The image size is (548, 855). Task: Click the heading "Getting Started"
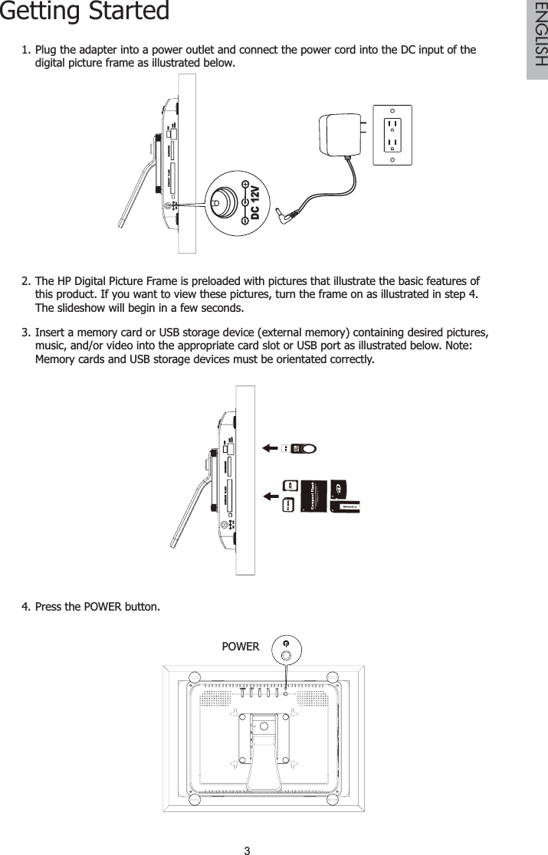pyautogui.click(x=84, y=13)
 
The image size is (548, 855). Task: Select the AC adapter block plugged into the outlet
pyautogui.click(x=342, y=131)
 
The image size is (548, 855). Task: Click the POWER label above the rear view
pyautogui.click(x=240, y=647)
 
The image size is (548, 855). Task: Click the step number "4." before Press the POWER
pyautogui.click(x=27, y=608)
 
